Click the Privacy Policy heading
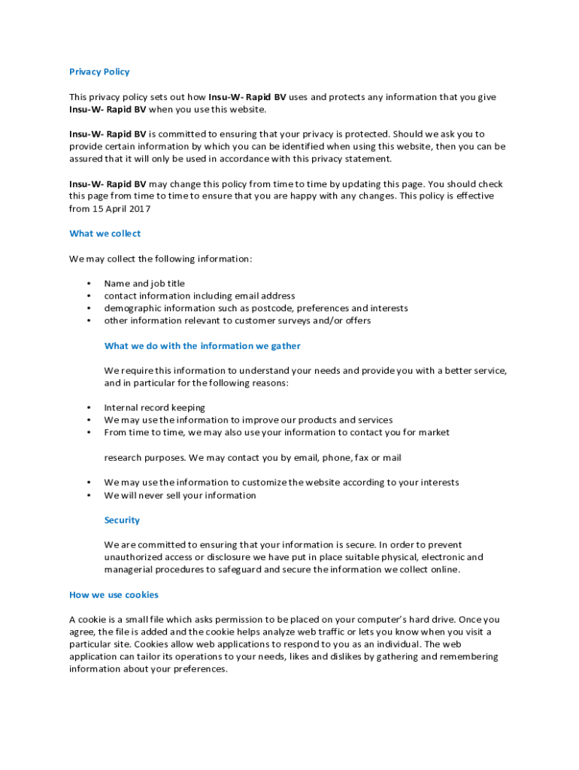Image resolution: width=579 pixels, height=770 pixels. coord(99,72)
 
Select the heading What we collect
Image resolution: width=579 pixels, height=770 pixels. coord(105,234)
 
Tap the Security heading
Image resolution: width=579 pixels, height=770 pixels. coord(122,520)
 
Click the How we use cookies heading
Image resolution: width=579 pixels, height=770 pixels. coord(114,595)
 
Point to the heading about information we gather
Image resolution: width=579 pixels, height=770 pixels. coord(202,346)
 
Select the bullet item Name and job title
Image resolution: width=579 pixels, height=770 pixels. coord(144,283)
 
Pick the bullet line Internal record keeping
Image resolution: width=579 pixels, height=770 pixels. coord(154,408)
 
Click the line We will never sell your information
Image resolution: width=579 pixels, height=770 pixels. coord(180,496)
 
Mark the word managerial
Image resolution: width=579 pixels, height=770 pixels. coord(130,570)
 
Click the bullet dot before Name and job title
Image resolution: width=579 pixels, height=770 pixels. coord(89,284)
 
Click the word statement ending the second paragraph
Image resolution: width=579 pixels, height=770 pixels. coord(367,159)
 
